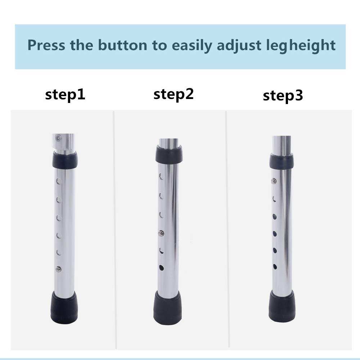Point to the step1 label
point(65,95)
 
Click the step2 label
point(174,94)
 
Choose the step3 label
point(283,96)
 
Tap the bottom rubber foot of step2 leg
point(168,308)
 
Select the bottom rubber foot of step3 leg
point(282,306)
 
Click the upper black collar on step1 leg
point(65,159)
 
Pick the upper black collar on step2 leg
point(168,154)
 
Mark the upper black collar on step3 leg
point(281,161)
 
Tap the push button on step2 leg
point(161,233)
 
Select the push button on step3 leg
point(274,181)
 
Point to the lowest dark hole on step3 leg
point(275,266)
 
